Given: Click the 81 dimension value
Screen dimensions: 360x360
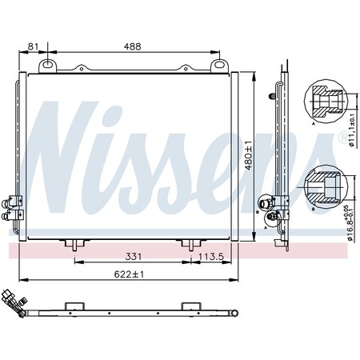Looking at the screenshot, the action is click(x=33, y=46).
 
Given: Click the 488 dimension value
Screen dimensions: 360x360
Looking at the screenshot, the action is click(x=133, y=46).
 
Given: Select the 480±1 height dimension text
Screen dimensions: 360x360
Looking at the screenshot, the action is click(x=248, y=155).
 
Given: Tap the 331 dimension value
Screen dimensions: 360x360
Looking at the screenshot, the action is click(x=134, y=257).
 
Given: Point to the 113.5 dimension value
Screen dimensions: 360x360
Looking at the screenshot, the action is click(x=211, y=257).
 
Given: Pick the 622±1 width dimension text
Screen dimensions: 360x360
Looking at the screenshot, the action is click(x=129, y=274).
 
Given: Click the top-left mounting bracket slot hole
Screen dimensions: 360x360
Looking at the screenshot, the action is click(x=47, y=64).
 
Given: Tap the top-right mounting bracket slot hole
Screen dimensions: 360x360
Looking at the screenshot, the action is click(x=219, y=64).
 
